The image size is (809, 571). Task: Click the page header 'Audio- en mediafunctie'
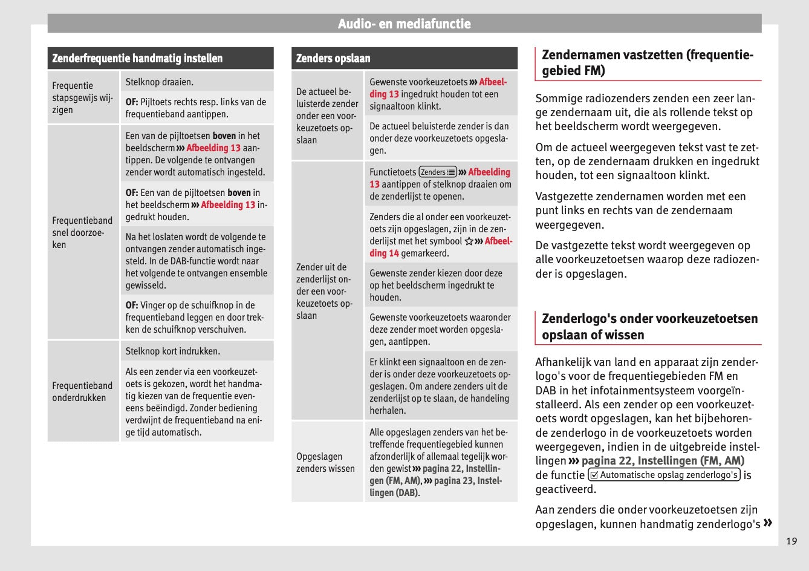tap(404, 24)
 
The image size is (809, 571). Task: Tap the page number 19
tap(791, 541)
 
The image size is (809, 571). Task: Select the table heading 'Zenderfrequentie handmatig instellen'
tap(137, 59)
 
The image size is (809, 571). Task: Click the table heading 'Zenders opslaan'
tap(333, 59)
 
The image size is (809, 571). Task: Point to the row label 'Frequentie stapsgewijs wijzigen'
tap(82, 98)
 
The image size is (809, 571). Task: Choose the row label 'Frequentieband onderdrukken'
tap(82, 391)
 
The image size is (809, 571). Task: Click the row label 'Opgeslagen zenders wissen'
tap(325, 462)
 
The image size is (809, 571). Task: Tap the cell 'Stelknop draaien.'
tap(160, 82)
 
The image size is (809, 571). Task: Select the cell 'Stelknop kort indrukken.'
tap(173, 351)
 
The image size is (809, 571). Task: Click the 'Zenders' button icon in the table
tap(438, 172)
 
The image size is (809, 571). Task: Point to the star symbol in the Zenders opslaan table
tap(469, 241)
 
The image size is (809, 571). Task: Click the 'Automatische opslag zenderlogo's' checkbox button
tap(663, 475)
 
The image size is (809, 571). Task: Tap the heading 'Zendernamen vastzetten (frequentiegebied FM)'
tap(647, 63)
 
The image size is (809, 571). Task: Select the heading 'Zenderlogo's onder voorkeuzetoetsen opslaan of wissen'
tap(649, 327)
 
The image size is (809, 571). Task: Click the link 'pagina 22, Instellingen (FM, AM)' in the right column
tap(663, 461)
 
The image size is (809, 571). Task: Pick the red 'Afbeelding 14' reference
tap(441, 247)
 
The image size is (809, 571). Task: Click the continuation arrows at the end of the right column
tap(768, 523)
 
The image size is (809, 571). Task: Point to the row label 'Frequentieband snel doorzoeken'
tap(82, 232)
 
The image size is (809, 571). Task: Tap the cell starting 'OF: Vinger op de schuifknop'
tap(195, 317)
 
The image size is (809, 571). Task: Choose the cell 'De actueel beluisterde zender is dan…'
tap(440, 138)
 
